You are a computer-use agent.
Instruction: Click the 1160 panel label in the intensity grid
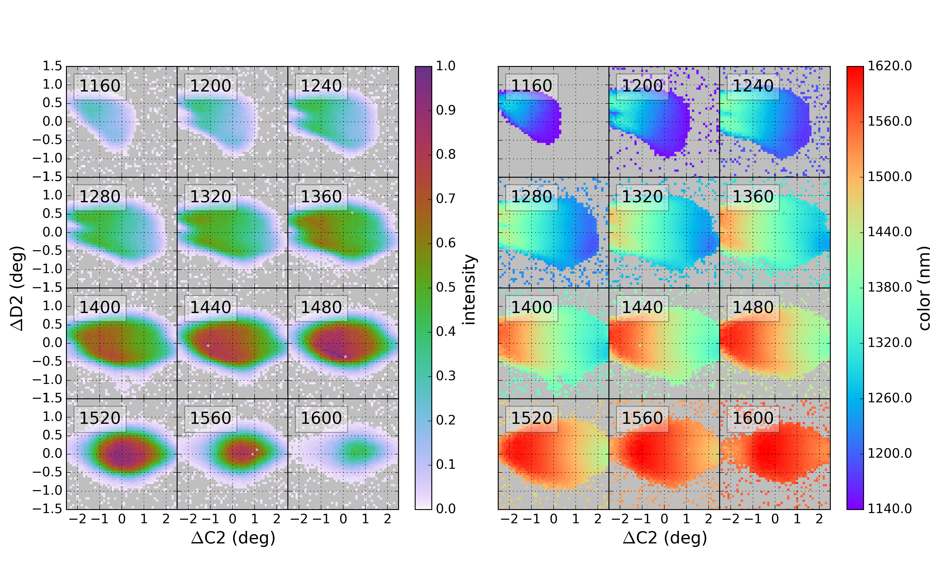point(100,86)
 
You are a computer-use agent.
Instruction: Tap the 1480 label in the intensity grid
point(321,307)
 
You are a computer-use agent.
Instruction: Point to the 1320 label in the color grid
point(642,197)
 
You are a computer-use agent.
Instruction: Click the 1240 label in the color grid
point(753,86)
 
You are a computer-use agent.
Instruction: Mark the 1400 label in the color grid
point(531,307)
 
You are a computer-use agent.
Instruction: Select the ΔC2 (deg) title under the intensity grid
point(233,538)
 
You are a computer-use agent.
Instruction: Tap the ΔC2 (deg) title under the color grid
point(665,538)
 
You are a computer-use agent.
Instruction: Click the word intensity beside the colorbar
point(469,290)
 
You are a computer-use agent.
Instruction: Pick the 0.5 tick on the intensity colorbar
point(446,288)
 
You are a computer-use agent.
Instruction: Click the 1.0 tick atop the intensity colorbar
point(446,66)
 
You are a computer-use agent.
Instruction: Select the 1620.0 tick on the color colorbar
point(890,66)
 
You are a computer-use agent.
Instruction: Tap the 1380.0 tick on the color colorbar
point(890,288)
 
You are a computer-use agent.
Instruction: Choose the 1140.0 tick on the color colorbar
point(890,509)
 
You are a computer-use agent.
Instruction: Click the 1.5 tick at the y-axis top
point(52,66)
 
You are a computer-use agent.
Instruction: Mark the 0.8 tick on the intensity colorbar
point(446,155)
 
